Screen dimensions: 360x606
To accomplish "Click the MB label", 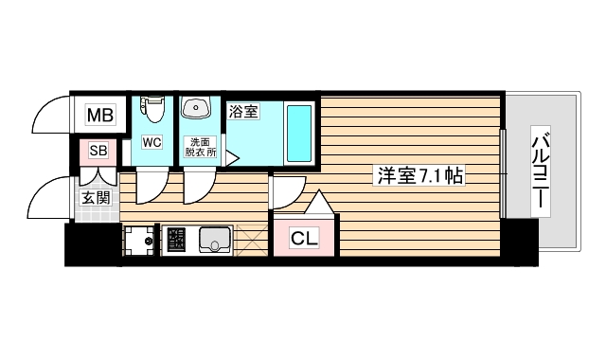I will (100, 117).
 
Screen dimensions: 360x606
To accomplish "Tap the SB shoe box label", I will (98, 151).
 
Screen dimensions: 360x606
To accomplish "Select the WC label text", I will (151, 143).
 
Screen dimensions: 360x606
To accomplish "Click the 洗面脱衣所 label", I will (200, 147).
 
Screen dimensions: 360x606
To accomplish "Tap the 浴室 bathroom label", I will (243, 112).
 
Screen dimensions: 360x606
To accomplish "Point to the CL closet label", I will (304, 238).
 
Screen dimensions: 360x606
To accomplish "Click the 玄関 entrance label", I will (95, 198).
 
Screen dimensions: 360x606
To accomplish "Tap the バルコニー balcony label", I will (542, 171).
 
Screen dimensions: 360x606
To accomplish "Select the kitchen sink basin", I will (215, 241).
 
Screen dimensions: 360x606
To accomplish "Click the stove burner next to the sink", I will (175, 242).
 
